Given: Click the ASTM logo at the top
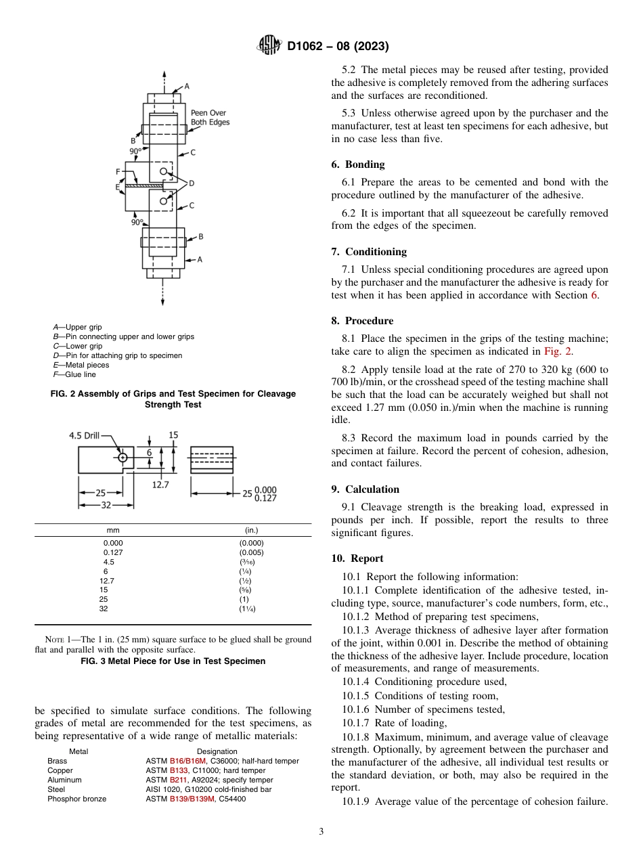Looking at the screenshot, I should coord(269,46).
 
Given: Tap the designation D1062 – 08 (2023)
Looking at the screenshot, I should coord(338,47).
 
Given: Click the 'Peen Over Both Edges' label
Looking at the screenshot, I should coord(210,118).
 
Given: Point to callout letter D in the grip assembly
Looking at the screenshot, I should coord(192,183).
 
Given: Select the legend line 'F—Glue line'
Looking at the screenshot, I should coord(74,374).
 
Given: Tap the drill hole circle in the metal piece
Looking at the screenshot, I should coord(123,458).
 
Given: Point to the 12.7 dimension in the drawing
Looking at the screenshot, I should coord(160,485).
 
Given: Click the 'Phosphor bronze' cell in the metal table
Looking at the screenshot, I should coord(76,799).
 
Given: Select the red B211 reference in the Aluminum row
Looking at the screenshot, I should coord(179,780).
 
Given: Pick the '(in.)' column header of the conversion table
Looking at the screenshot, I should coord(251,530).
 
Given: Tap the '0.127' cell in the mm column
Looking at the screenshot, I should coord(113,552).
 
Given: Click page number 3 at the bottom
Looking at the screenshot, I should coord(321,832).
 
